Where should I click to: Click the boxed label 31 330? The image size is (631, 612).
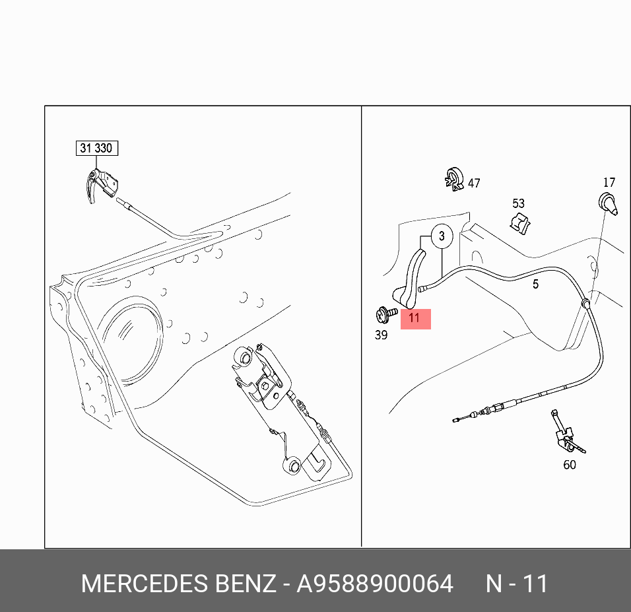[96, 148]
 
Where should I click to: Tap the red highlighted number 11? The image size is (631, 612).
[414, 318]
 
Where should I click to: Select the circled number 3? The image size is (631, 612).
[442, 236]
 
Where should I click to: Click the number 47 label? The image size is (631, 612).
[474, 184]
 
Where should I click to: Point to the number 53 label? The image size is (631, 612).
[518, 203]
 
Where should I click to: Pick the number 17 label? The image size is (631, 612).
[609, 182]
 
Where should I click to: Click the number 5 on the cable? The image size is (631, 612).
[535, 284]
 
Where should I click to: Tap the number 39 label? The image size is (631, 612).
[381, 335]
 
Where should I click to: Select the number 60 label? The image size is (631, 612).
[569, 465]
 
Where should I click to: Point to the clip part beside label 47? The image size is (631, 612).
[453, 179]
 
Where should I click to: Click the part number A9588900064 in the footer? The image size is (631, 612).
[375, 584]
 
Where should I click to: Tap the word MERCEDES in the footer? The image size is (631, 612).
[145, 584]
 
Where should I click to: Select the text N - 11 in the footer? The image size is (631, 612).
[517, 584]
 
